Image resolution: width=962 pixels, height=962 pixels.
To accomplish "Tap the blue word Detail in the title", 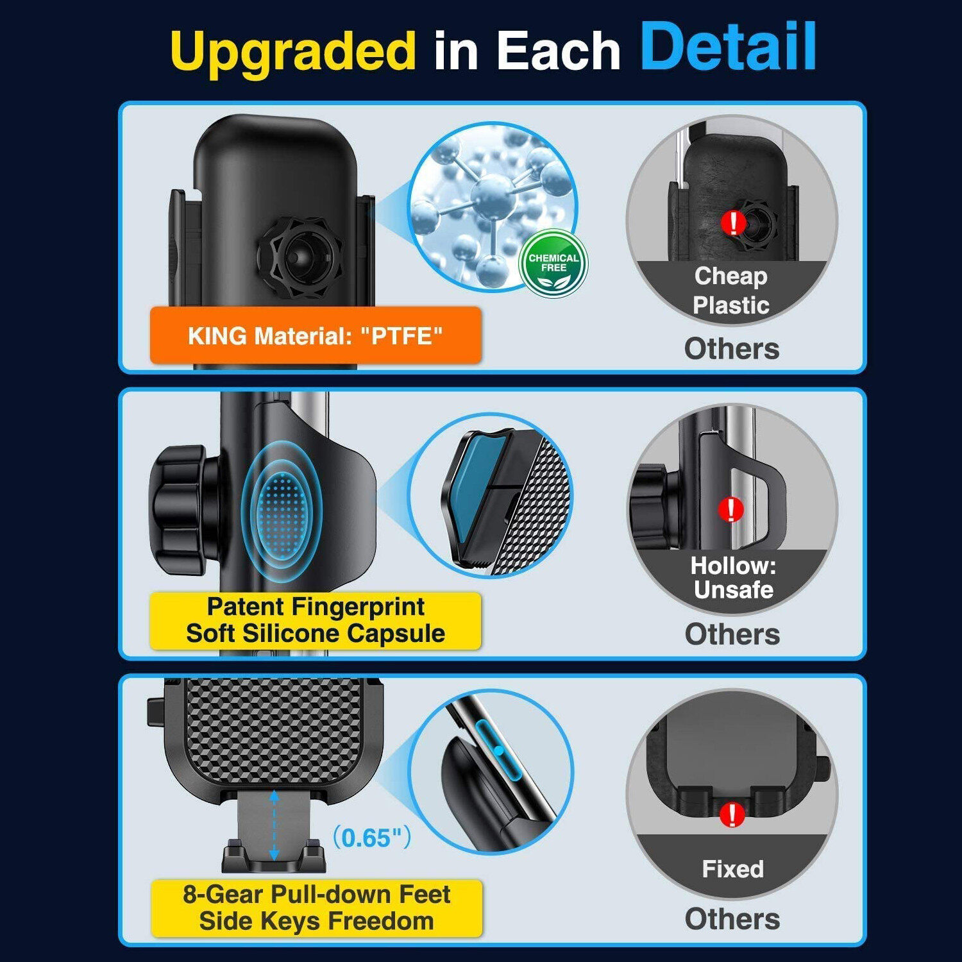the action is [x=729, y=46].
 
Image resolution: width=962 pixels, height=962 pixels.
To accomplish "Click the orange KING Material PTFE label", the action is [x=315, y=335].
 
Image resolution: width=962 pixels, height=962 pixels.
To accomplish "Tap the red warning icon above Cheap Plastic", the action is [x=732, y=223].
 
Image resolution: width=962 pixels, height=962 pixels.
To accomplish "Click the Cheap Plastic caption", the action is [x=731, y=291].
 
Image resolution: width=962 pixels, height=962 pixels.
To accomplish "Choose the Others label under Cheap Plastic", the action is [x=732, y=348].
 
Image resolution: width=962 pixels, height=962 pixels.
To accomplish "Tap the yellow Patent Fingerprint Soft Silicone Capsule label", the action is [x=315, y=620].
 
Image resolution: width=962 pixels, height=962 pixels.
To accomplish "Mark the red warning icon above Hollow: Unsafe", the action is [x=730, y=509].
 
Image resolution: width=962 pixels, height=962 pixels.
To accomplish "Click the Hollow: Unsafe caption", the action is [x=733, y=578].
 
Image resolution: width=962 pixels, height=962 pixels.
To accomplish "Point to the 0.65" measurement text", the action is [x=371, y=838].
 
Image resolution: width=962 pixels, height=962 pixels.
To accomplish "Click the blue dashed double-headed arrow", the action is [x=274, y=825].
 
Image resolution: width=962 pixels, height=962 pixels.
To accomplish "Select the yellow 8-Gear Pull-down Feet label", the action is [x=316, y=907].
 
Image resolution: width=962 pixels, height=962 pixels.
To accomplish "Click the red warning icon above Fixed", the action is [x=732, y=814].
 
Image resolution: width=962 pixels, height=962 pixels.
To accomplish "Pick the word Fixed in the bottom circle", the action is [x=732, y=869].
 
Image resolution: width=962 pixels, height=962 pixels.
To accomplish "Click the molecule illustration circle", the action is [x=493, y=206].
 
